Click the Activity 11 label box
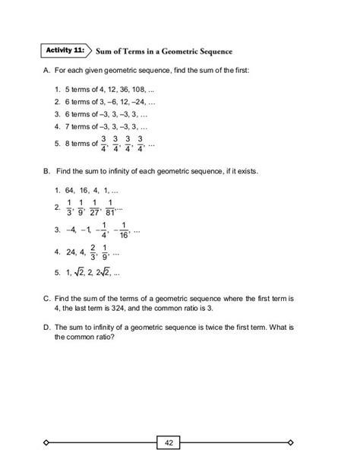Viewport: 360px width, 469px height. pos(66,51)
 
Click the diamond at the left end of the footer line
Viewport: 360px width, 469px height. pos(47,442)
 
